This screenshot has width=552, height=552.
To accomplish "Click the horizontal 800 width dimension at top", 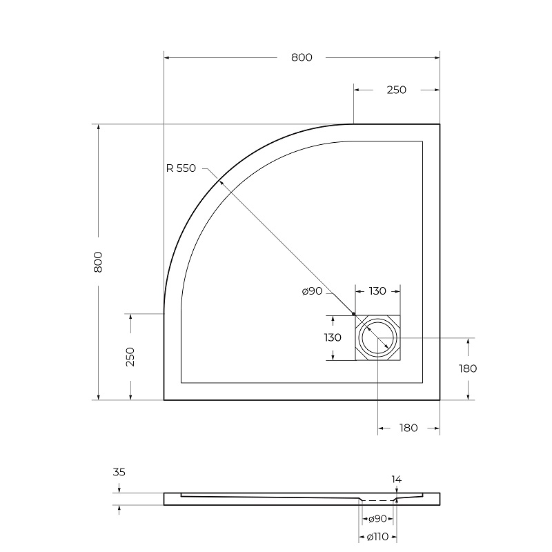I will point(301,57).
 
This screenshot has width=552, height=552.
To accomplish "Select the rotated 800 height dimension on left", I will point(98,262).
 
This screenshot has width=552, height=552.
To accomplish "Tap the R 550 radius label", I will point(181,168).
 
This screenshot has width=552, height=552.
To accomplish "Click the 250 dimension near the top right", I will point(396,90).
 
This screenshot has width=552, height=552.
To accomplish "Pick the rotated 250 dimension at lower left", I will point(130,356).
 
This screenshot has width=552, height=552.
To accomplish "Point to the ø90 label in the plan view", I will point(312,292).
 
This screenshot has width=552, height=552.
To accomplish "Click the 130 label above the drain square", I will point(377,291).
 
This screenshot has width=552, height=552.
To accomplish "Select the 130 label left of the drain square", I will point(333,337).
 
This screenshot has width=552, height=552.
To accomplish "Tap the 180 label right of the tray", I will point(468,368).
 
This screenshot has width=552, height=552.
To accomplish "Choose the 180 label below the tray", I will point(408,428).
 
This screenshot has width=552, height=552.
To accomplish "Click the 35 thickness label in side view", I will point(119,473).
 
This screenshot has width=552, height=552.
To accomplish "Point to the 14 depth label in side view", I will point(396,479).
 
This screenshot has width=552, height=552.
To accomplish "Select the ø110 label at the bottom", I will point(376,537).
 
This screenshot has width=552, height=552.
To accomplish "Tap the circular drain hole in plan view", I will point(377,338).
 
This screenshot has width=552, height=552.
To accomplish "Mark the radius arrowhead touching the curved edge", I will point(220,181).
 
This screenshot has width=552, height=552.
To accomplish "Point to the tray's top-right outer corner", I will point(440,124).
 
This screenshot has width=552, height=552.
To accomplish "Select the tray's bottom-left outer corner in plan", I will point(164,400).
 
